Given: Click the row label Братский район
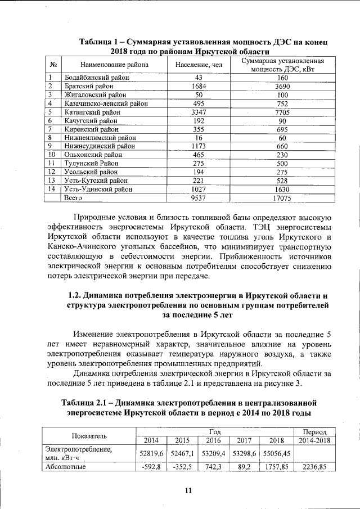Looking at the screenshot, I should pos(89,86).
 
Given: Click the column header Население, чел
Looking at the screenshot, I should pos(199,65).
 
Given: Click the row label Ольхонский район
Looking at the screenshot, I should pos(91,155).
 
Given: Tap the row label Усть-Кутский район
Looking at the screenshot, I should pos(92,180).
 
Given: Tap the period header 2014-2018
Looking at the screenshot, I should pos(315,440).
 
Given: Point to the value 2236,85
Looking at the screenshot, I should pos(315,466).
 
